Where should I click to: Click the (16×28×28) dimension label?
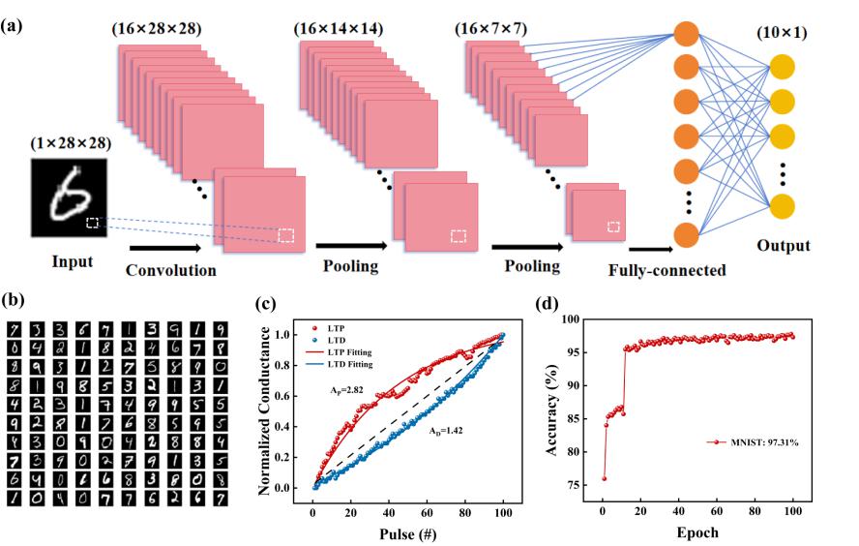(156, 30)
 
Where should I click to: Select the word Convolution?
(171, 270)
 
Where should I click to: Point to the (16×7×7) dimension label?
(489, 30)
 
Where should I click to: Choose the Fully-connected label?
(666, 270)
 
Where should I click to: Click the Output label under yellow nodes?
(783, 245)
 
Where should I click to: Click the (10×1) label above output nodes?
(785, 36)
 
